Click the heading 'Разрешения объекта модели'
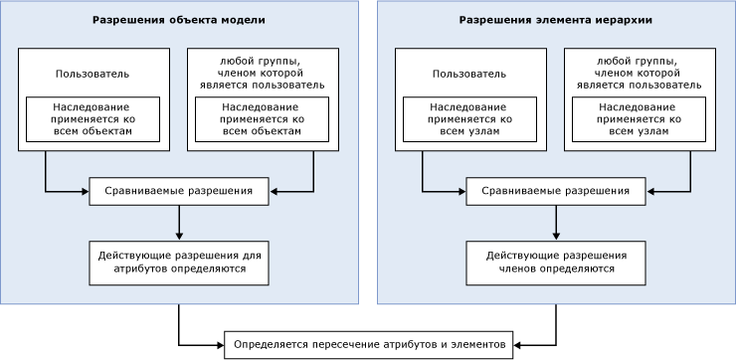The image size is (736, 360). pos(179,20)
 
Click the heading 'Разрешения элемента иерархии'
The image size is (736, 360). pos(555,20)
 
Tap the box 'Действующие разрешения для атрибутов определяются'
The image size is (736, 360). pos(179,262)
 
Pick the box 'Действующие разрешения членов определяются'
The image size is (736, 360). pos(556,262)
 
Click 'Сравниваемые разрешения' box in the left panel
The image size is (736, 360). pos(179,190)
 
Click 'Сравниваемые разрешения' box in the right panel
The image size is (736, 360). pos(556,190)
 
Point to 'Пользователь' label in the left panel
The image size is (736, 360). pos(93,74)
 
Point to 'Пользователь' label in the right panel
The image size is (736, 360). pos(470,74)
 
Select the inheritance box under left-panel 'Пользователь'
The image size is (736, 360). pos(93,117)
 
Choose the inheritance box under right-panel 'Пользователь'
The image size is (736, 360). pos(470,117)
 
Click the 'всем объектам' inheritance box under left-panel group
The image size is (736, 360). pos(261,117)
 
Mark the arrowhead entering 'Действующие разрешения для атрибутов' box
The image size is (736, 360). pos(179,236)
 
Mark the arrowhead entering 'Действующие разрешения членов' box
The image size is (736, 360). pos(556,236)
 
